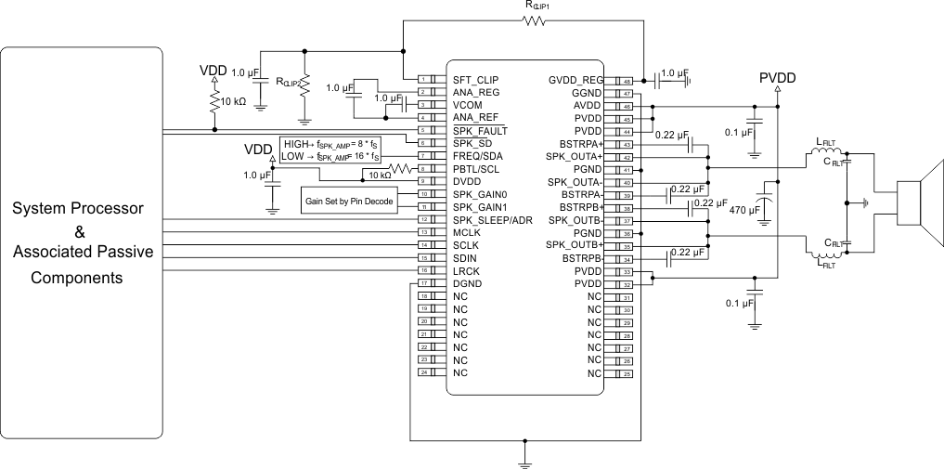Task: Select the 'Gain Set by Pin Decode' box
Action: [x=348, y=201]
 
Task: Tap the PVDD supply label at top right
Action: [x=778, y=78]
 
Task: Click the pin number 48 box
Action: [x=627, y=81]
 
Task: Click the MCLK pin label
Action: [x=467, y=232]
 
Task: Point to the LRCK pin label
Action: [x=466, y=270]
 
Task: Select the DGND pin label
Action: [x=467, y=283]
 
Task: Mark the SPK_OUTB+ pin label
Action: [x=575, y=245]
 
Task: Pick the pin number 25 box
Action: [x=627, y=372]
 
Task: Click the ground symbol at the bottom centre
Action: [x=525, y=458]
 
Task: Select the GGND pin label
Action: [x=589, y=93]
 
